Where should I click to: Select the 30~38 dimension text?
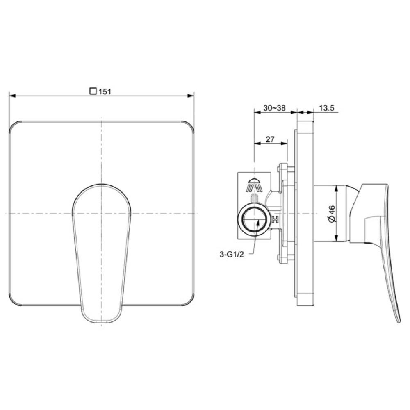pos(274,108)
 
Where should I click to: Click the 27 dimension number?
pos(270,139)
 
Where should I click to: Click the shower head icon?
pos(255,184)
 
